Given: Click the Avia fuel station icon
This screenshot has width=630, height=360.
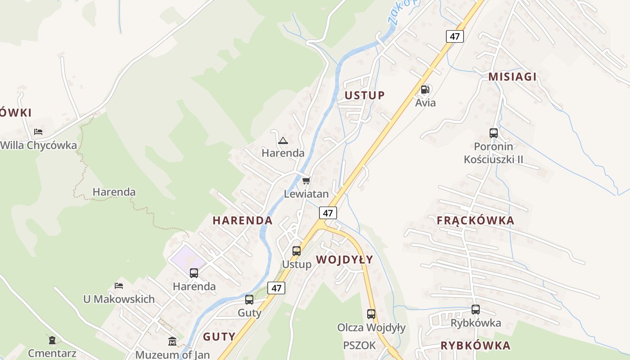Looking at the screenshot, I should click(x=425, y=89).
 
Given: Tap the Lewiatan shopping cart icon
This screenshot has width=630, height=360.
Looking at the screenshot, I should click(x=306, y=181).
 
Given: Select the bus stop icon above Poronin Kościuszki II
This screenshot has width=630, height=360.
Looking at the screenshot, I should click(x=494, y=133).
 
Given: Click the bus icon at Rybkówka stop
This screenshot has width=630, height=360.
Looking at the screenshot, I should click(x=476, y=310).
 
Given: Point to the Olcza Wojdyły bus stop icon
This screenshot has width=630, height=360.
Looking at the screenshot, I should click(x=371, y=314).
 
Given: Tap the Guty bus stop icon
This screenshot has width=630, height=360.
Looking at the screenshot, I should click(x=249, y=299).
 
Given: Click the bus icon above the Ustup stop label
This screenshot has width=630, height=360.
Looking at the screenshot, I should click(x=297, y=251).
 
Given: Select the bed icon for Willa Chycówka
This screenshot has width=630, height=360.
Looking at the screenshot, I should click(x=38, y=132).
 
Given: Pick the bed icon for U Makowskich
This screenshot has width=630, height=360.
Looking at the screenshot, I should click(x=119, y=285).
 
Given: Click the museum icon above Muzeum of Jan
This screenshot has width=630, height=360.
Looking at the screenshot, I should click(x=172, y=341).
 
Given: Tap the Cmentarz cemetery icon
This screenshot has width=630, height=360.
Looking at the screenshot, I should click(x=52, y=340).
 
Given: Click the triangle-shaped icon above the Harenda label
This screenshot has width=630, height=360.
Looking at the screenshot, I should click(x=283, y=140).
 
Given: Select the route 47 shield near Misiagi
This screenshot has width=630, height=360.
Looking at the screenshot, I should click(x=455, y=36).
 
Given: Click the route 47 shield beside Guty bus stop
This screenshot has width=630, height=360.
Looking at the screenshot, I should click(x=276, y=288).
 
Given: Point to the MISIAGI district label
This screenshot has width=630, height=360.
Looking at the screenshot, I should click(x=513, y=76).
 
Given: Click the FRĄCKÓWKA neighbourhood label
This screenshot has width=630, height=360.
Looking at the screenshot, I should click(x=475, y=220).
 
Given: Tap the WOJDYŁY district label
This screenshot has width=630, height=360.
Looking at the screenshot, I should click(x=344, y=260).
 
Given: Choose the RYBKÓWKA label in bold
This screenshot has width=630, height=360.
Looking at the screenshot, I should click(x=475, y=346).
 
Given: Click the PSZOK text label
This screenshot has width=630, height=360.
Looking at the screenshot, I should click(x=359, y=346).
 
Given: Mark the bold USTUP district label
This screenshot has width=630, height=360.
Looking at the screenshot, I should click(x=364, y=95).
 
